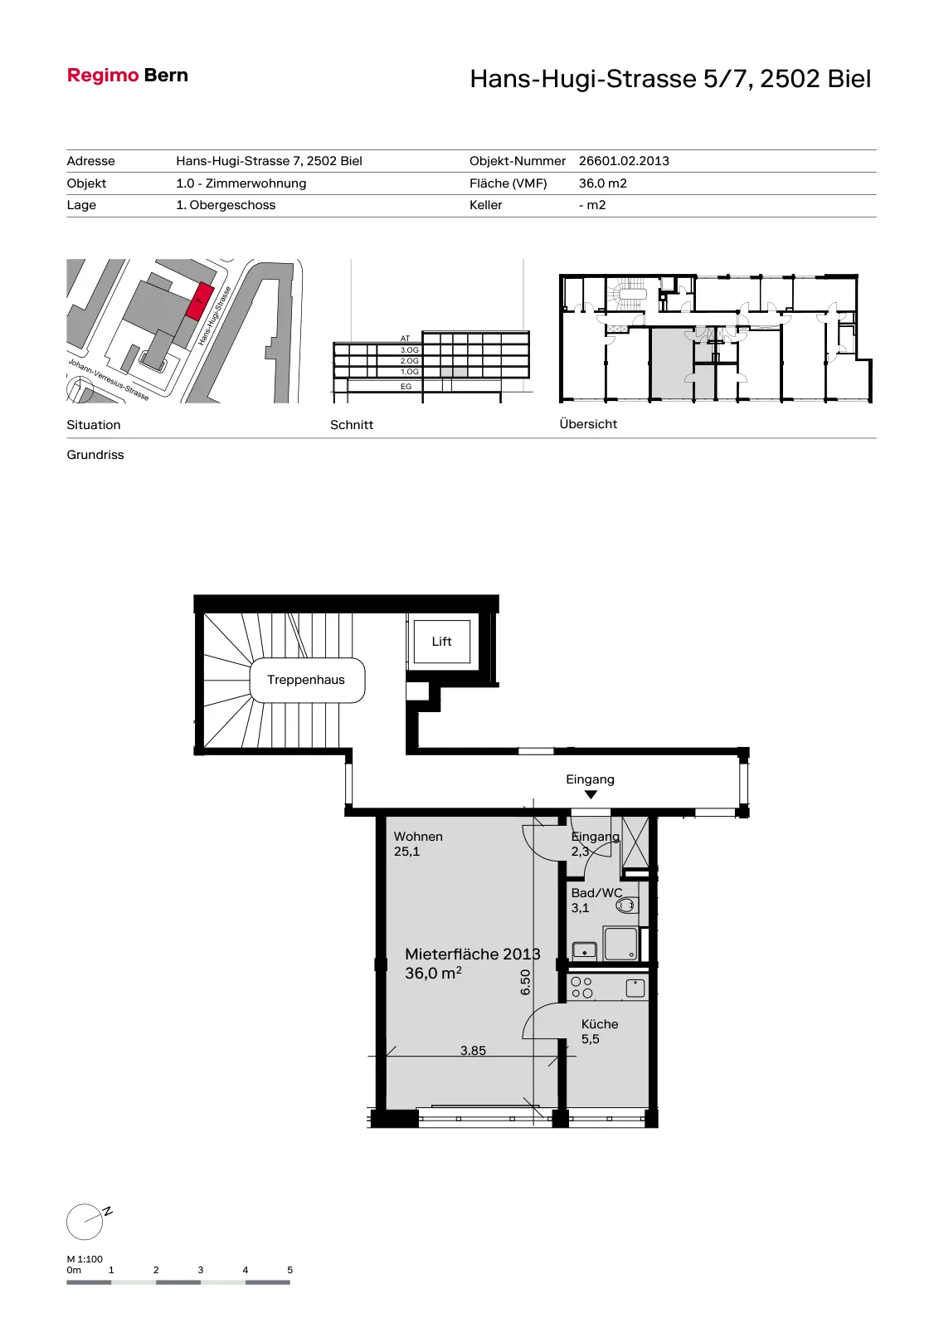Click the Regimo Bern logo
coord(128,76)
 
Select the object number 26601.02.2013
coord(624,161)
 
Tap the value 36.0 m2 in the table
coord(602,183)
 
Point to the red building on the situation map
coord(200,301)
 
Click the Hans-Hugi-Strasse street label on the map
coord(214,316)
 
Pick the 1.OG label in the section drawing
coord(410,372)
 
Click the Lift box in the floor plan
coord(442,642)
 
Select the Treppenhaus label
coord(306,680)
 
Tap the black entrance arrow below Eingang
coord(591,794)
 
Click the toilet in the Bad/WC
coord(625,906)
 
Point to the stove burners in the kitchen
coord(581,988)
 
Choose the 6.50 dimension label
coord(525,983)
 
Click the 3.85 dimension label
coord(473,1051)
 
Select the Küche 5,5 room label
coord(600,1031)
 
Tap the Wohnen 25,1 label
coord(418,843)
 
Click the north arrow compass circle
coord(85,1222)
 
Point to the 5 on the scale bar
coord(289,1270)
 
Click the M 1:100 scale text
coord(85,1258)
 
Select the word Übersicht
coord(588,424)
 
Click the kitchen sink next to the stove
coord(635,989)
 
